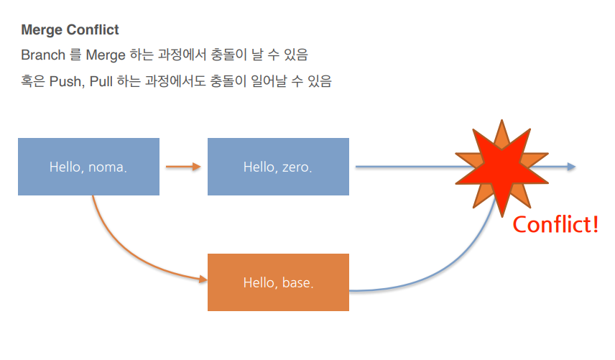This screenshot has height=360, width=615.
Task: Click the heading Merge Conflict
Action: (70, 29)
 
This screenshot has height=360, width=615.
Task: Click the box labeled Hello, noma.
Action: (88, 167)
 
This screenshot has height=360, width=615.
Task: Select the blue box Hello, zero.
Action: (278, 167)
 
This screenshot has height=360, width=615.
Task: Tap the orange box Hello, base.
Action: (278, 282)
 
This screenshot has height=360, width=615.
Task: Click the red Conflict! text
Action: (555, 225)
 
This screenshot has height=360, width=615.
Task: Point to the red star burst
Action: (501, 168)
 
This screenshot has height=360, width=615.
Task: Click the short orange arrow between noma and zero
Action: (183, 167)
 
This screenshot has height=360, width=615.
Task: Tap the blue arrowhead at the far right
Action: (571, 167)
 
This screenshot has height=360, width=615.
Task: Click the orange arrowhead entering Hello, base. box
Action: (203, 280)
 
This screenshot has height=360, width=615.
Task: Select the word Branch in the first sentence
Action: (43, 55)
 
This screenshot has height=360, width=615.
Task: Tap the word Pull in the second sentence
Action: (101, 82)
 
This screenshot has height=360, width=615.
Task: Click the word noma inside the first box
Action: (107, 167)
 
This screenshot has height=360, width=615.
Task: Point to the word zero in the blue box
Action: (297, 167)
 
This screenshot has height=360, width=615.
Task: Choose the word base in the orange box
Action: (297, 282)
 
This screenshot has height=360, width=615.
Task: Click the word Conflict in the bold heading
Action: (93, 29)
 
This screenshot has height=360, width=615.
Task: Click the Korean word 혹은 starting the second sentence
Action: (33, 81)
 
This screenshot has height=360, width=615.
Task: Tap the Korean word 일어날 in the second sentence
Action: (269, 81)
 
